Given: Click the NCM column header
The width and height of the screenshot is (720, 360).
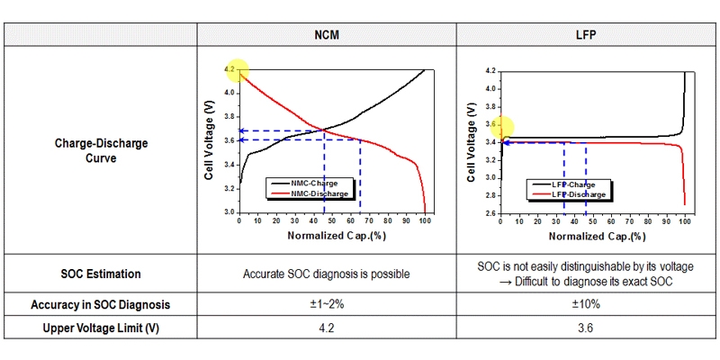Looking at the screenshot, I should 326,36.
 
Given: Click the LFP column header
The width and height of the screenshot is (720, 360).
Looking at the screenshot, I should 586,36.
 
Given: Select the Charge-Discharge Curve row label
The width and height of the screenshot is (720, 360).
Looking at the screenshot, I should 101,150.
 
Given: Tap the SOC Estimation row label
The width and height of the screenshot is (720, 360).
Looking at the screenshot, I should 101,274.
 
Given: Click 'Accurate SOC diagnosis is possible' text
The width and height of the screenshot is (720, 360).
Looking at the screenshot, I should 326,274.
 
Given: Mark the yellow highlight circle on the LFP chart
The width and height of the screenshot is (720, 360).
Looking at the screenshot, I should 500,129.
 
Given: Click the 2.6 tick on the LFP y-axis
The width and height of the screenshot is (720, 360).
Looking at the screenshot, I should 490,213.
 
